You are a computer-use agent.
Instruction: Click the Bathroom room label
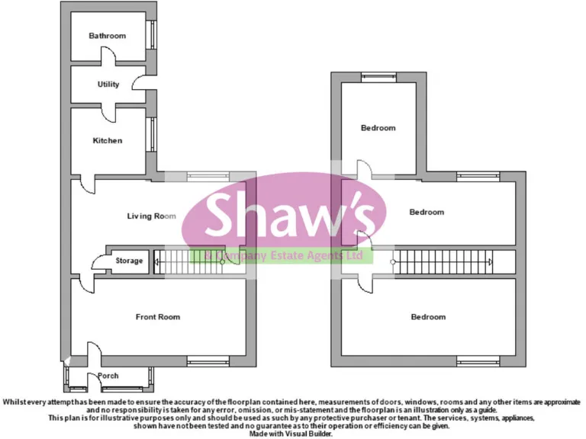(x=107, y=36)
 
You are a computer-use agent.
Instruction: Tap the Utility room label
(x=108, y=85)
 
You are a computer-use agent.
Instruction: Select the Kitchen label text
(x=107, y=141)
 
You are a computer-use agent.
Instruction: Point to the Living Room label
(x=151, y=216)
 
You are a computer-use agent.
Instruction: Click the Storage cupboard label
(x=129, y=261)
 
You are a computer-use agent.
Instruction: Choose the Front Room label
(x=158, y=317)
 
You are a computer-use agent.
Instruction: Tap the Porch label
(x=108, y=376)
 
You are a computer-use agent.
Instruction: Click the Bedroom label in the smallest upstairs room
(x=378, y=128)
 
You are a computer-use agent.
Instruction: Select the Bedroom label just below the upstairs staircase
(x=428, y=317)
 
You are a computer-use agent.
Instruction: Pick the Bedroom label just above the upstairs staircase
(x=427, y=213)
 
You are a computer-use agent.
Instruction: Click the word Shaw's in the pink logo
(x=291, y=215)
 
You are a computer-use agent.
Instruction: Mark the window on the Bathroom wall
(x=152, y=36)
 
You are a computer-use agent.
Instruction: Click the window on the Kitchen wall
(x=152, y=134)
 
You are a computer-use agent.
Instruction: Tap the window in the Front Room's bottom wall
(x=208, y=361)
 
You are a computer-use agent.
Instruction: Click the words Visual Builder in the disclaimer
(x=309, y=434)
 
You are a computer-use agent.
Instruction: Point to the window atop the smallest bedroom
(x=378, y=77)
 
